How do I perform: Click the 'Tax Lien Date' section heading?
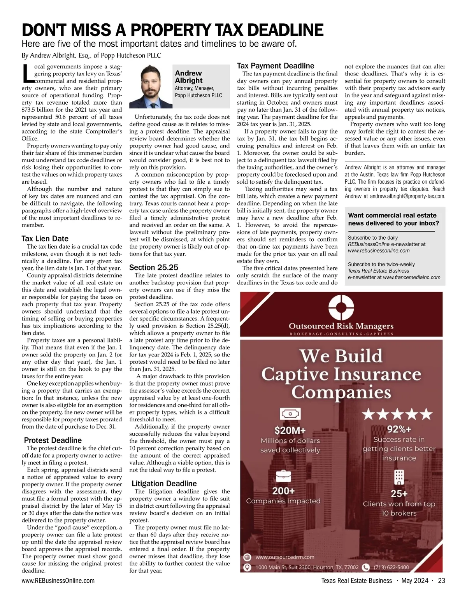45,238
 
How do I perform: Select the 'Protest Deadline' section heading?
53,440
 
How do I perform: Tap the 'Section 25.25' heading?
154,267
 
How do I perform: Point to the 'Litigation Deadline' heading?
164,483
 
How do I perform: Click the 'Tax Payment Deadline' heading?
276,66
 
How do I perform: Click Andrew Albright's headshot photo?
151,86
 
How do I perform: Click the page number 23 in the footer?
441,580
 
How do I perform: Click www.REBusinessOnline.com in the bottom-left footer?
58,580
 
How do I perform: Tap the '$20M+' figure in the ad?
290,430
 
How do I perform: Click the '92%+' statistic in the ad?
399,429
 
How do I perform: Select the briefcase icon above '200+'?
283,476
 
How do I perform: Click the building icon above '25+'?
399,476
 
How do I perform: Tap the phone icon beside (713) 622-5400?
365,567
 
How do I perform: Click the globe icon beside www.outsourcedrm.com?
247,557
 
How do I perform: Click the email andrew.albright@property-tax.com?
407,196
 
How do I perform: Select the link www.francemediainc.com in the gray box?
411,277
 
